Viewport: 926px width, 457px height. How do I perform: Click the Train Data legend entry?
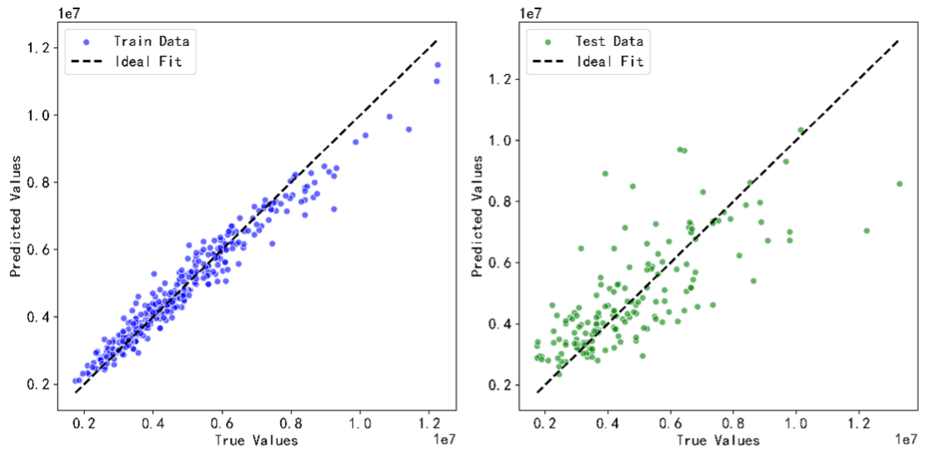coord(151,41)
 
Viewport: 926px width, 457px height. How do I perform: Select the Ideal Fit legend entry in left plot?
coord(148,61)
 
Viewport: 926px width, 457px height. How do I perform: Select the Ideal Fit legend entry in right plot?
coord(610,61)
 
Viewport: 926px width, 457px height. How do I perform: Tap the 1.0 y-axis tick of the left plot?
coord(38,116)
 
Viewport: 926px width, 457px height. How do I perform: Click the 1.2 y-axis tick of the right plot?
coord(499,79)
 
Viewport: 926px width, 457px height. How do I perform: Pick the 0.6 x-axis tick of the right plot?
coord(670,423)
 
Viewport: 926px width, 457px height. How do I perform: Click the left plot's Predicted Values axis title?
coord(15,216)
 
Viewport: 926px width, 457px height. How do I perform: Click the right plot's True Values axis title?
coord(718,440)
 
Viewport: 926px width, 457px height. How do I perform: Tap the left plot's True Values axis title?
coord(256,440)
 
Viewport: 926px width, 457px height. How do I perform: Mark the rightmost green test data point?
coord(899,184)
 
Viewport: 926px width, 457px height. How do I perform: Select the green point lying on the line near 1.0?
coord(801,130)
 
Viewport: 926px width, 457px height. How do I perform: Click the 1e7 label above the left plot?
coord(69,14)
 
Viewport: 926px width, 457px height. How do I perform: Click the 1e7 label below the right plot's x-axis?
coord(906,439)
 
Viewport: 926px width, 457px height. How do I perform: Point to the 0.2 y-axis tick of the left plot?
coord(38,384)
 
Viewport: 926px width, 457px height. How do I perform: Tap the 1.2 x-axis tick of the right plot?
coord(859,423)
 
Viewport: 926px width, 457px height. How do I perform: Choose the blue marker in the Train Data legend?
coord(86,42)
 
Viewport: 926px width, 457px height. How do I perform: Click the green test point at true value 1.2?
coord(866,231)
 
